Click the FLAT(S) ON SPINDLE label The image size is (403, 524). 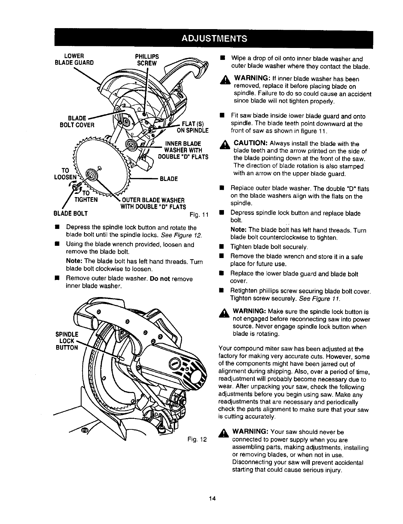[x=193, y=127]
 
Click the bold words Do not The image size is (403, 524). [x=160, y=279]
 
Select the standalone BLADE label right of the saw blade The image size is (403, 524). [x=169, y=179]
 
